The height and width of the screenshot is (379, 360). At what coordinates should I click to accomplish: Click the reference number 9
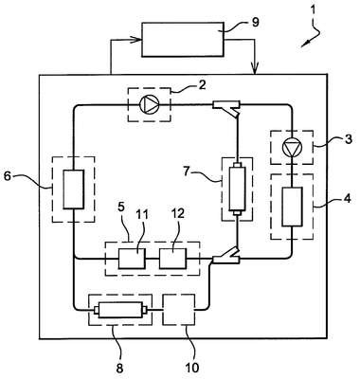[256, 22]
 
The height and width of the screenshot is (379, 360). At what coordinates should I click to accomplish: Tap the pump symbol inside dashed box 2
[149, 104]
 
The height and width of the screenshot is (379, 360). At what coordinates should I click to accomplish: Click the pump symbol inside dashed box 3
[293, 148]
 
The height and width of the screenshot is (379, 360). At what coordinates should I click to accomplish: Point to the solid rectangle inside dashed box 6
[74, 189]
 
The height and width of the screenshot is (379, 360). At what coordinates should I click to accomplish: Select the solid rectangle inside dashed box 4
[293, 207]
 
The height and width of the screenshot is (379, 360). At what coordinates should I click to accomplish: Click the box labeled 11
[132, 259]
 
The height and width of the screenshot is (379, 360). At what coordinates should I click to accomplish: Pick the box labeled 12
[172, 259]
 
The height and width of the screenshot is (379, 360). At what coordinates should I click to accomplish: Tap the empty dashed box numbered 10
[178, 310]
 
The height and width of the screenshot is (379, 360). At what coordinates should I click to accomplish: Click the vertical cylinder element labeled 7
[237, 189]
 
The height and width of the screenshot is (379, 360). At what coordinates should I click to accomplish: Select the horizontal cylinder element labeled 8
[121, 311]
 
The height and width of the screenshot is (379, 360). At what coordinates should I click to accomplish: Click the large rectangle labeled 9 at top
[183, 40]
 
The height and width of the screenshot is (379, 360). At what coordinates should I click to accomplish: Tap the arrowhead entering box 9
[137, 40]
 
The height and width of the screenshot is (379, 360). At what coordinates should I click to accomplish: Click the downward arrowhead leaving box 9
[255, 68]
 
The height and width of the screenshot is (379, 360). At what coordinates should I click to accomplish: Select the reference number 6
[8, 176]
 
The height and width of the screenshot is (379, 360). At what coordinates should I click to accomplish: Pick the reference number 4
[348, 199]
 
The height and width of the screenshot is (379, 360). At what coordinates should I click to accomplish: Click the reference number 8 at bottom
[119, 368]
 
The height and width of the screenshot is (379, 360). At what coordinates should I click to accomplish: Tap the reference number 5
[121, 208]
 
